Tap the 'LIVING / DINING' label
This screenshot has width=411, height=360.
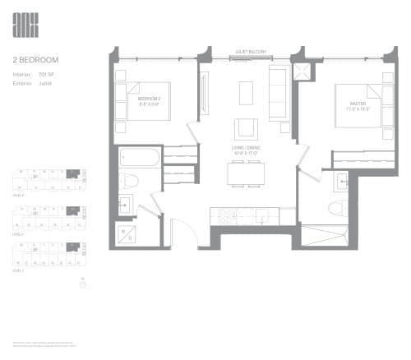[246, 149]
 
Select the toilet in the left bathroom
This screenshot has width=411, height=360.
[127, 182]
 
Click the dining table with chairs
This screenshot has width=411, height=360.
[247, 173]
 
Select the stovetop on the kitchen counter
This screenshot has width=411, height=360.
[224, 216]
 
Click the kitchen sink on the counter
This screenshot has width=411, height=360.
[261, 216]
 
